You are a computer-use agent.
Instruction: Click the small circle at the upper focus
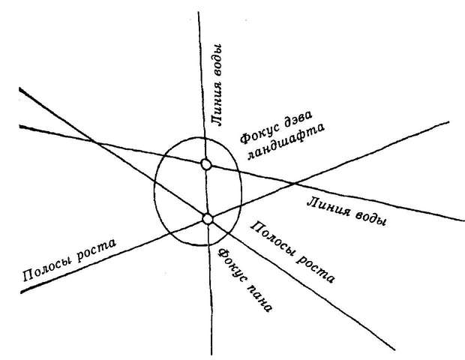(x=206, y=164)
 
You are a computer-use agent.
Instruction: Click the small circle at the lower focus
(x=208, y=219)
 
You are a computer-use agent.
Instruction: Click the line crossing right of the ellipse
(x=293, y=182)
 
